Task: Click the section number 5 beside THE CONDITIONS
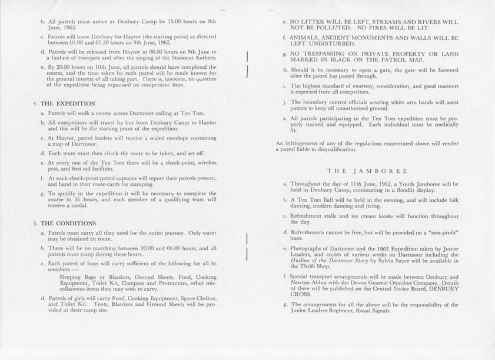[x=35, y=223]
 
